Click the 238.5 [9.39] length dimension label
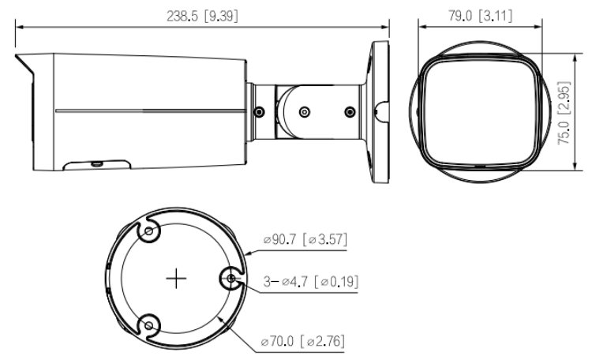pos(202,16)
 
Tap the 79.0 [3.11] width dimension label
pos(480,16)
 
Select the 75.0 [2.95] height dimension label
pos(564,113)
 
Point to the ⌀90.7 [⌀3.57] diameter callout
pos(305,239)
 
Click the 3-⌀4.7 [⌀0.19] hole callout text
pos(311,281)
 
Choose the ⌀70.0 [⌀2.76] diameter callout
pos(303,341)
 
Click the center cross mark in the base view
pos(176,279)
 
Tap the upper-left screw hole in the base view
pos(148,231)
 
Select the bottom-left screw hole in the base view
pos(148,325)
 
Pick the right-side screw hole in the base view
pos(231,279)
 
